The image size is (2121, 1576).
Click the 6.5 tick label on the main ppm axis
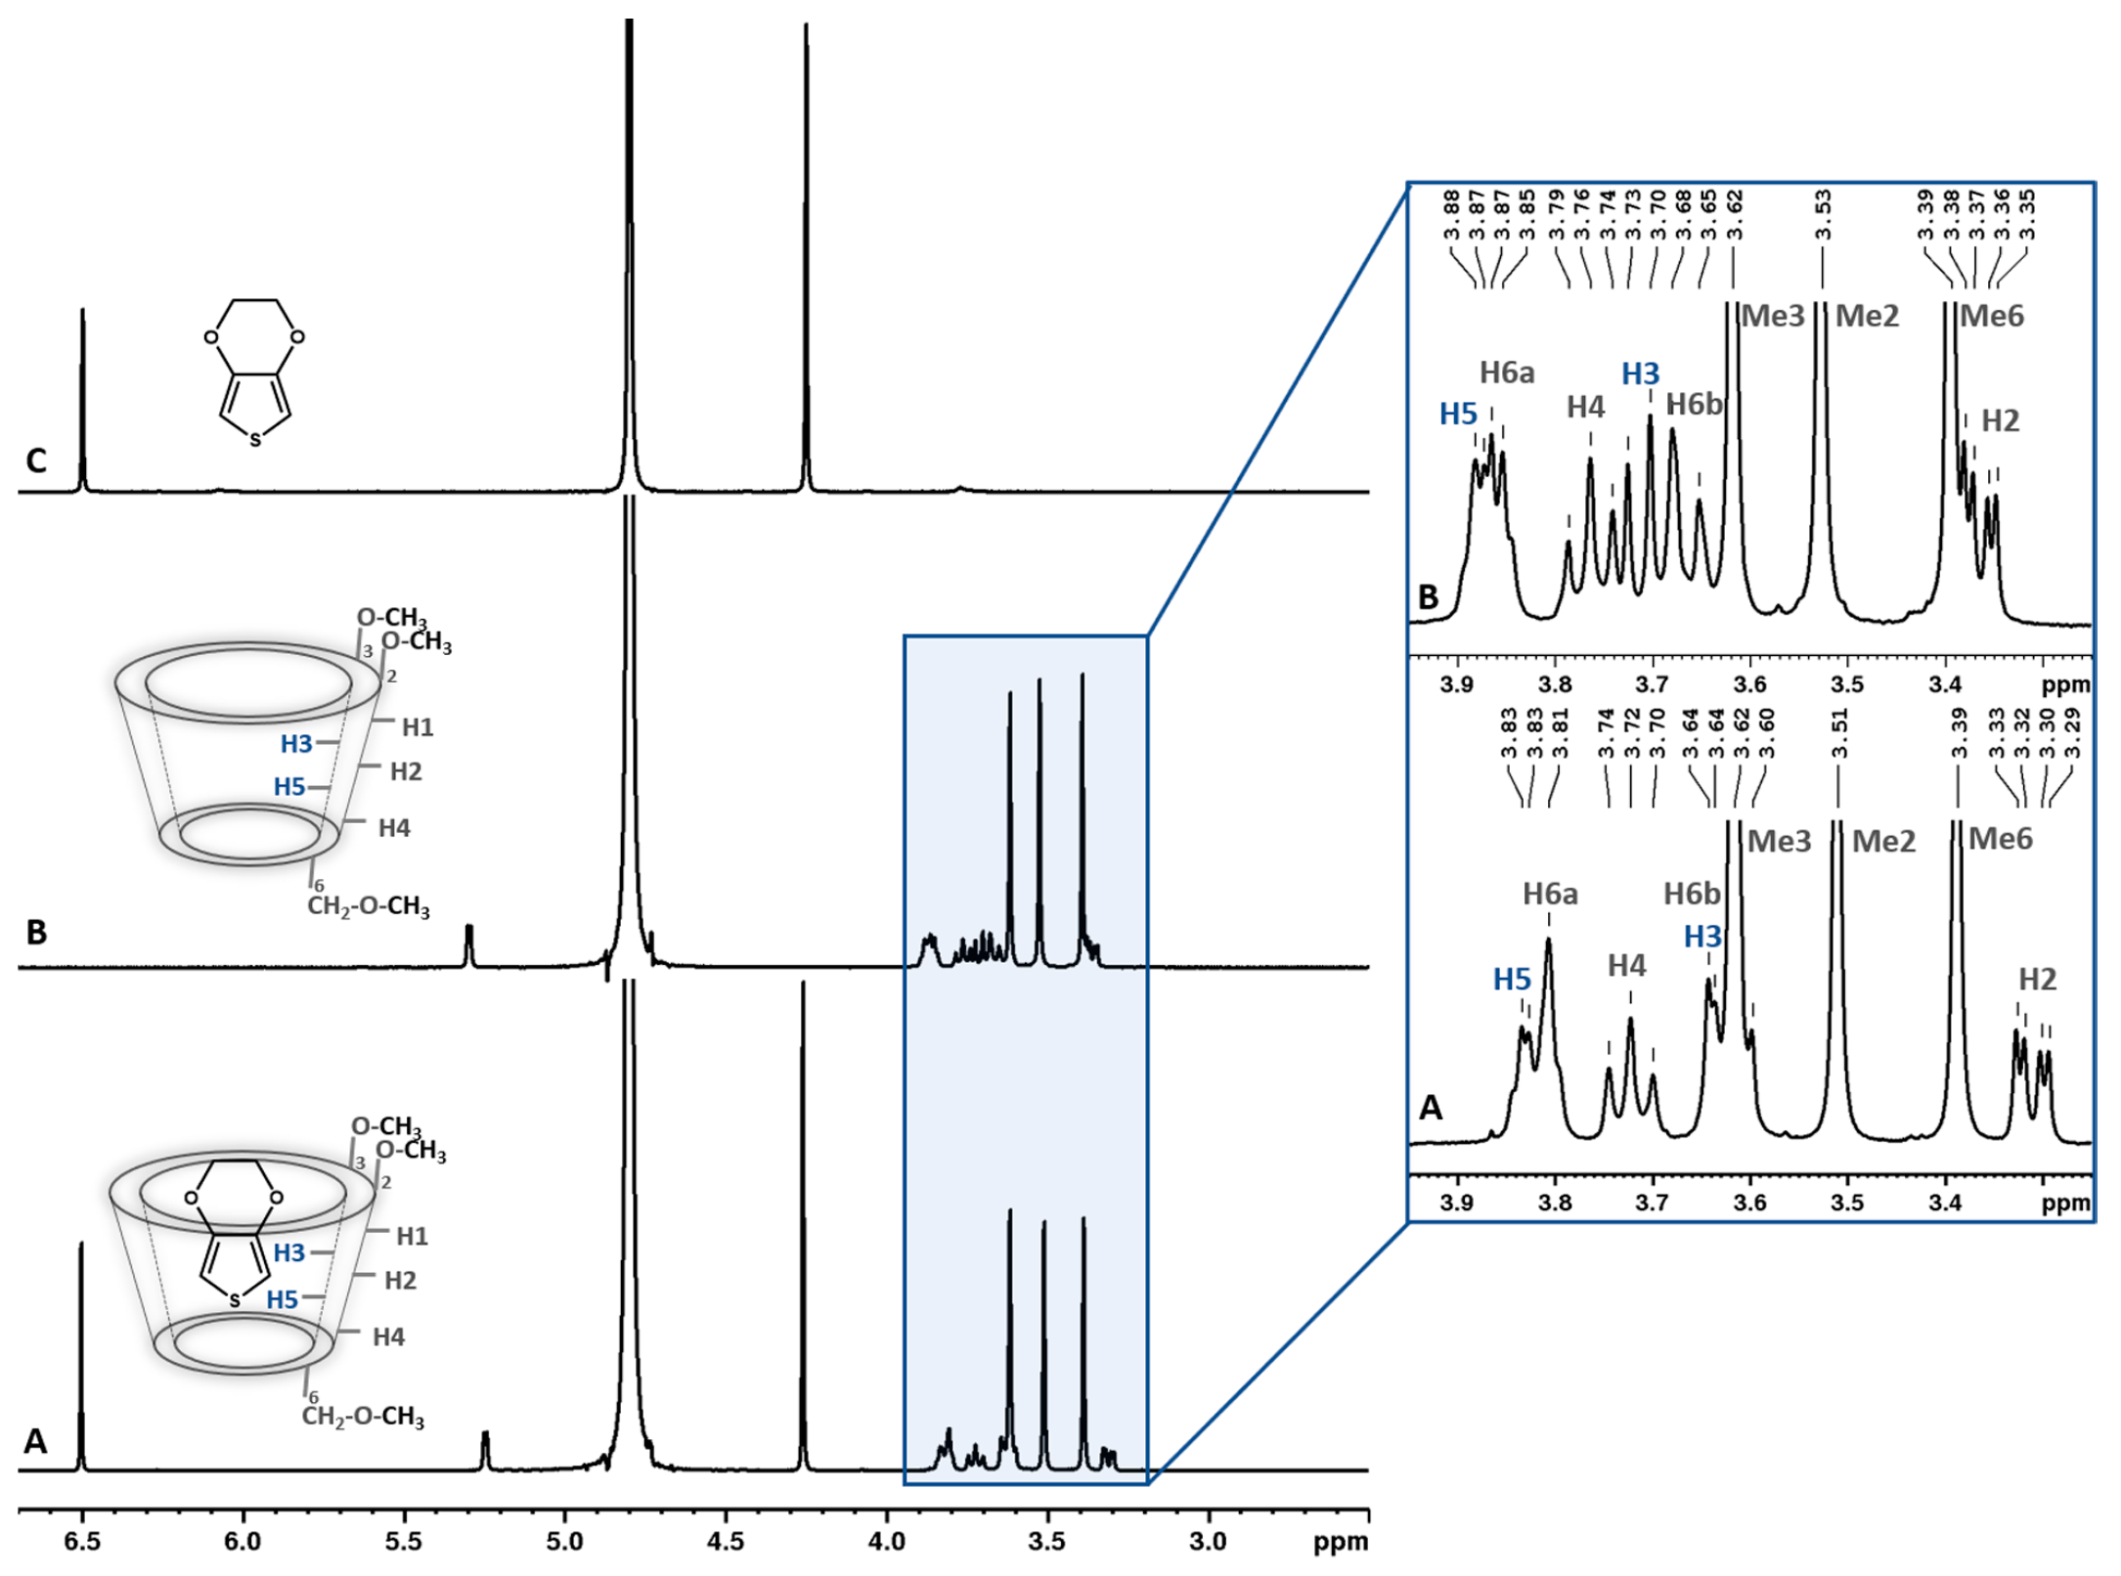(82, 1542)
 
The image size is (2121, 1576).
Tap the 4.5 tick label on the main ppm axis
(726, 1542)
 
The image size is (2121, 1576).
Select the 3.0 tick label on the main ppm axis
(1208, 1542)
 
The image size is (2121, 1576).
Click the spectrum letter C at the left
(36, 460)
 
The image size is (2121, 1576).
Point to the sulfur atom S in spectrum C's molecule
(255, 441)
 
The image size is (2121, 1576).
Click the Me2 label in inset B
(1867, 316)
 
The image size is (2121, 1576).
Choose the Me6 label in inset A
(2000, 839)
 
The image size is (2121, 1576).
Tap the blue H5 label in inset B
(1458, 415)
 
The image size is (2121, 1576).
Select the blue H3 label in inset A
(1702, 937)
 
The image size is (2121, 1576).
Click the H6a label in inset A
(1550, 894)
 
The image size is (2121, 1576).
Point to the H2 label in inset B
(2000, 420)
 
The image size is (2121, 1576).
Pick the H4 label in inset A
(1627, 966)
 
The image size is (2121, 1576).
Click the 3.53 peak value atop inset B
(1823, 215)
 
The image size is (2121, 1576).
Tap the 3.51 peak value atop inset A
(1839, 734)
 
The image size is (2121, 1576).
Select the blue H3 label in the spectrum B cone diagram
(296, 744)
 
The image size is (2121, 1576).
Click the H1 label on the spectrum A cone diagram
(412, 1237)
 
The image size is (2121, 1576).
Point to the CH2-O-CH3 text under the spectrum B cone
(369, 906)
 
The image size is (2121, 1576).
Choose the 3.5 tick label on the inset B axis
(1847, 683)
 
